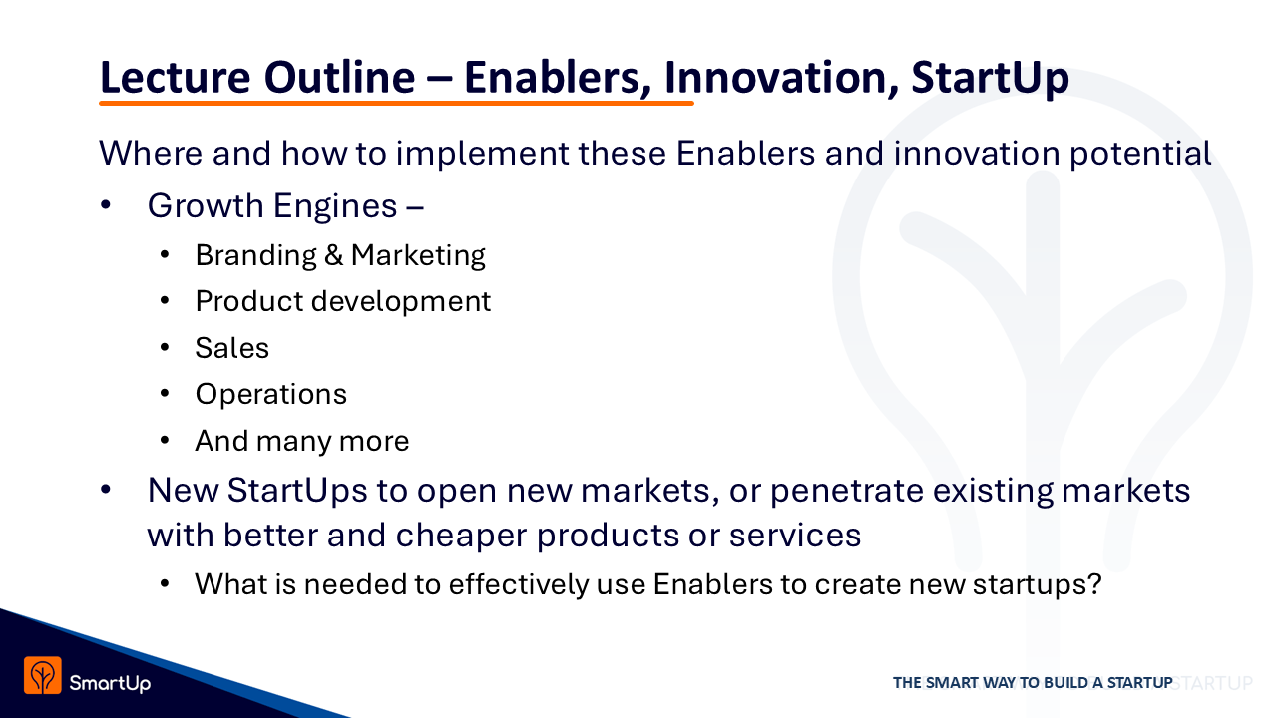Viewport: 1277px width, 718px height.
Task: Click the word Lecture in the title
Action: (175, 77)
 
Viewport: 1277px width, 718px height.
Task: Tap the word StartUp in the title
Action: (990, 78)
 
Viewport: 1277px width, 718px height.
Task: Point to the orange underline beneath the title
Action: (396, 103)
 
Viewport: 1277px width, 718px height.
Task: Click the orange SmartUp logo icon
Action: (43, 675)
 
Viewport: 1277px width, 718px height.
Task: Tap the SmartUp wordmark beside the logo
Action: (110, 683)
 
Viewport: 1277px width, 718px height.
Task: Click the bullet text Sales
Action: (232, 348)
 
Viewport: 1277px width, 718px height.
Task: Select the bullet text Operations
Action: (270, 394)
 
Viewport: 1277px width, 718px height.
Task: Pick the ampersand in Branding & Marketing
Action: (333, 254)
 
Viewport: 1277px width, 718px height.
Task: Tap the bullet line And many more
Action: (302, 441)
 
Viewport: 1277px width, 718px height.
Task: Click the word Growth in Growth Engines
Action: (206, 205)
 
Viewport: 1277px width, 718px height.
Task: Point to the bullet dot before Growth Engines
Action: (106, 205)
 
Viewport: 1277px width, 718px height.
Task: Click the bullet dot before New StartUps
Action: (106, 490)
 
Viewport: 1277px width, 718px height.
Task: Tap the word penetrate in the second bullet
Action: (847, 490)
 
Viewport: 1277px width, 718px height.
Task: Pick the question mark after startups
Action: (1094, 583)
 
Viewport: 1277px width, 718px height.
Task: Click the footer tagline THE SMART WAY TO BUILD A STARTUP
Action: (1033, 683)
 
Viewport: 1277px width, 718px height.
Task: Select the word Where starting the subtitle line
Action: (151, 153)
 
